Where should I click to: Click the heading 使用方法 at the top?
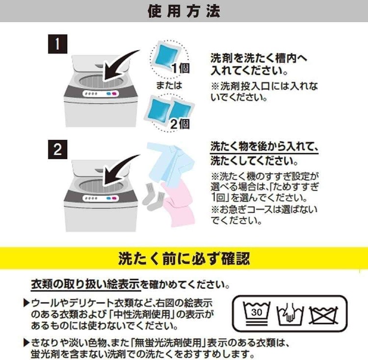tap(184, 11)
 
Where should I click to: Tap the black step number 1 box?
tap(58, 44)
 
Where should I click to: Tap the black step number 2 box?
tap(58, 150)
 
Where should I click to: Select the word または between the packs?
tap(169, 85)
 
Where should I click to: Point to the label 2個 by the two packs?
tap(180, 124)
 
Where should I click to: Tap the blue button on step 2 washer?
tap(108, 198)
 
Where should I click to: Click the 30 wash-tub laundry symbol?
tap(257, 313)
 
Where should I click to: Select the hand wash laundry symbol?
tap(290, 313)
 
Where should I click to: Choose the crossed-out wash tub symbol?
tap(323, 315)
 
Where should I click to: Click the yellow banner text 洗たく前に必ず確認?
tap(184, 258)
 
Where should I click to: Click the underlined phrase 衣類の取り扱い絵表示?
tap(86, 284)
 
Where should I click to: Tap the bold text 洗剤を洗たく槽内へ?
tap(259, 58)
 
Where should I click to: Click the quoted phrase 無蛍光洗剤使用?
tap(168, 343)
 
